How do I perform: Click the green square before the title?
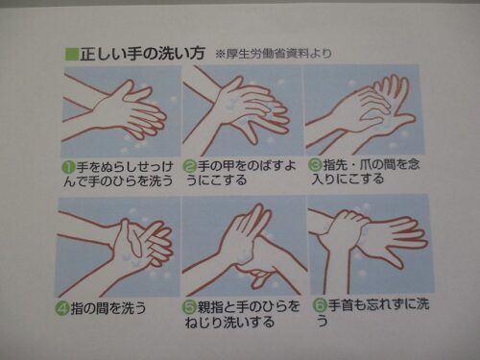72,54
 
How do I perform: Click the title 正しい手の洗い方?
142,54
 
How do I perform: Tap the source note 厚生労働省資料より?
278,54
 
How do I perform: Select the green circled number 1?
69,167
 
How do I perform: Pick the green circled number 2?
190,166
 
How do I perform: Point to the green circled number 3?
315,164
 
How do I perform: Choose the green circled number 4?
62,308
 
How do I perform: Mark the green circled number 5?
189,307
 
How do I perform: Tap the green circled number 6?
319,305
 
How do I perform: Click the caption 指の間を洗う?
108,308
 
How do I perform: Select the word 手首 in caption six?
341,305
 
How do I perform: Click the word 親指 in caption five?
210,307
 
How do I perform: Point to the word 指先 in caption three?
336,164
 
